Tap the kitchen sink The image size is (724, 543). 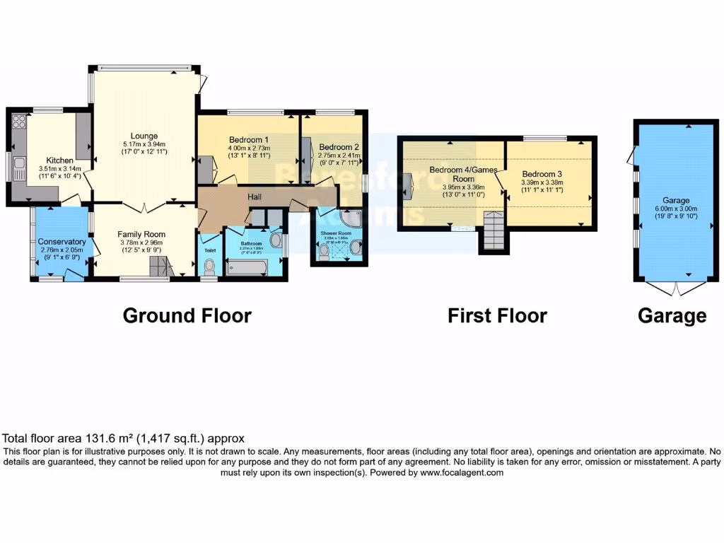[19, 166]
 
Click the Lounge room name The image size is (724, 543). [144, 136]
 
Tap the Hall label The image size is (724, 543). [256, 197]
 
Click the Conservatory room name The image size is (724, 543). [62, 242]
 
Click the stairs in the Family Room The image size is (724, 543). [160, 267]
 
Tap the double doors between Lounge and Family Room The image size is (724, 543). [144, 207]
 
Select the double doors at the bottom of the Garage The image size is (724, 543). [675, 288]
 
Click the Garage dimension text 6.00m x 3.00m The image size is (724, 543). [671, 209]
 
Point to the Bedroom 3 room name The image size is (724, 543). [542, 175]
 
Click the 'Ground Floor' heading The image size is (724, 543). [187, 315]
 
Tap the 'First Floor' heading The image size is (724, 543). [497, 315]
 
